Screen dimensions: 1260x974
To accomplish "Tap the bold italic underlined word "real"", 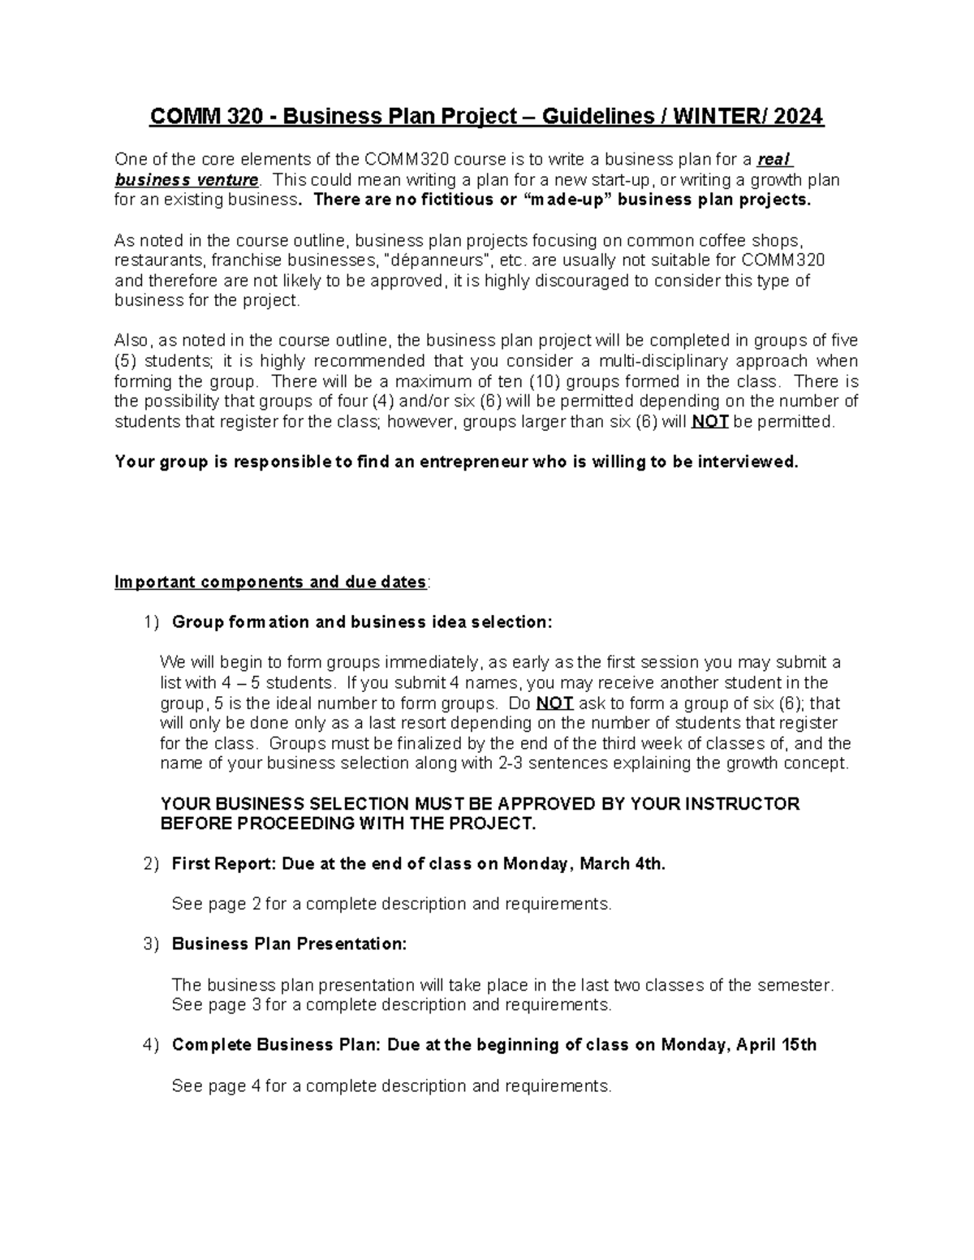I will coord(774,159).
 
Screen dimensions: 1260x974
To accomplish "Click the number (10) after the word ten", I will coord(545,381).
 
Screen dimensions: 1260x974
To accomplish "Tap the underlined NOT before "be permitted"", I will coord(709,422).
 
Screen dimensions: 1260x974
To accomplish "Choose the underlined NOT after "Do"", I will coord(555,703).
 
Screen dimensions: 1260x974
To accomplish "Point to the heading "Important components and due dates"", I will coord(270,583).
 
